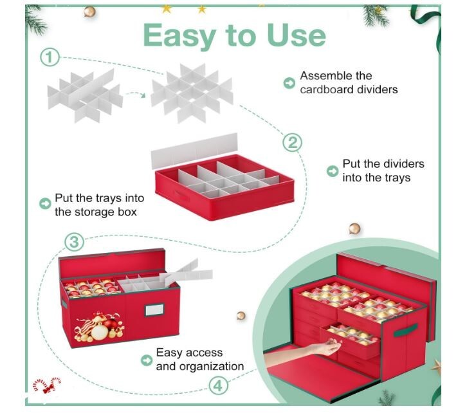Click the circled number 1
[50, 57]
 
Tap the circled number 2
[292, 143]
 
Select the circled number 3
[74, 242]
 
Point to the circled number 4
[218, 386]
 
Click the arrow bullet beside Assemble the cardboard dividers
[289, 83]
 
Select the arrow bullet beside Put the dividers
[333, 171]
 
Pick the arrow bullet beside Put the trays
[45, 203]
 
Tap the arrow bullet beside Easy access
[147, 360]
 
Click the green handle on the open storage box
[405, 330]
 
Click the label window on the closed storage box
[154, 310]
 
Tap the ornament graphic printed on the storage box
[99, 326]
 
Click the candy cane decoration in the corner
[48, 385]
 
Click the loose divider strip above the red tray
[194, 151]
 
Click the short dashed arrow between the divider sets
[136, 94]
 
